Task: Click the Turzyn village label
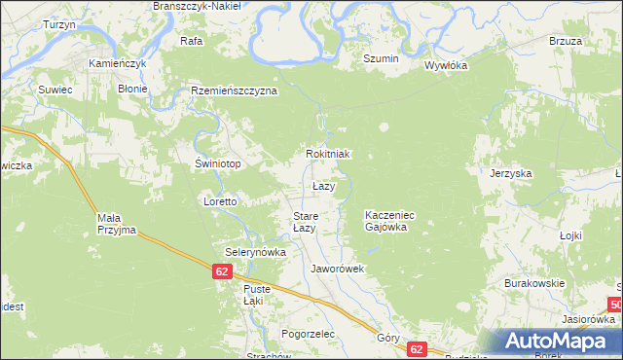(59, 24)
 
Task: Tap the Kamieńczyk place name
(117, 63)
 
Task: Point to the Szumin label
(381, 59)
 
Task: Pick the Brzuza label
(565, 41)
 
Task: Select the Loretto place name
(220, 201)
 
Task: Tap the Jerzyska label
(511, 173)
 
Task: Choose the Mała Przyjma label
(117, 225)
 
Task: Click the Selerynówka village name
(256, 252)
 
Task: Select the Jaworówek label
(337, 268)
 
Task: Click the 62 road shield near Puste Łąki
(223, 274)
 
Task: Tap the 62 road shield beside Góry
(417, 348)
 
